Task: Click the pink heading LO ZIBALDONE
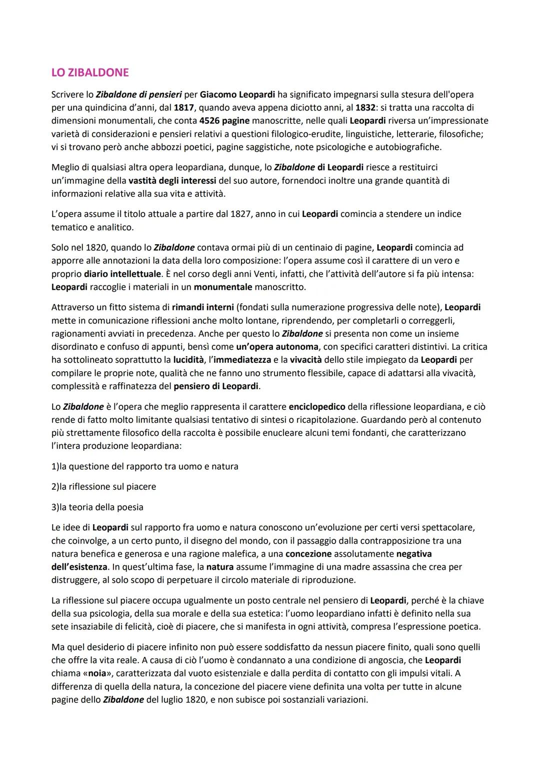(x=90, y=72)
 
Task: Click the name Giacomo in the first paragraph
(x=218, y=94)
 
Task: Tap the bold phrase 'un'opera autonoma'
(x=277, y=347)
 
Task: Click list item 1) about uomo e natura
(x=145, y=466)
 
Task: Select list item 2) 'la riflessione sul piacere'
(x=104, y=487)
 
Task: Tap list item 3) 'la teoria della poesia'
(x=97, y=507)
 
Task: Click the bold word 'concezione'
(x=308, y=554)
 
